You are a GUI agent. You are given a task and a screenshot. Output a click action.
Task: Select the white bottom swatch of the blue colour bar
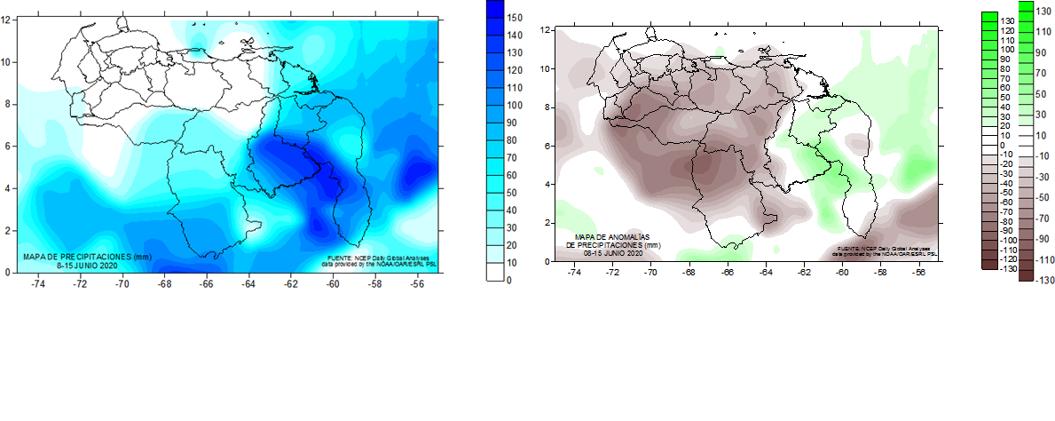[x=495, y=272]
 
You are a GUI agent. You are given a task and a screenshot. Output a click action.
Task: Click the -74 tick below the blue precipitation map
[x=37, y=284]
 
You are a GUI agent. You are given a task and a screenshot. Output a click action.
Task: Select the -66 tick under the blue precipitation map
[x=206, y=284]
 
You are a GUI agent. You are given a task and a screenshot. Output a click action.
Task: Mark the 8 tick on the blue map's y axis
[x=8, y=104]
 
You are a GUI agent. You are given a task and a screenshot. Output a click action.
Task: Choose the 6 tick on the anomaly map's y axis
[x=547, y=146]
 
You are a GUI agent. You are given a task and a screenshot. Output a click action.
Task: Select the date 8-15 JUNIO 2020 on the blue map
[x=87, y=265]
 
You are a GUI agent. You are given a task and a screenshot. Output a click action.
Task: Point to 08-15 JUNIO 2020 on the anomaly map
[x=613, y=253]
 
